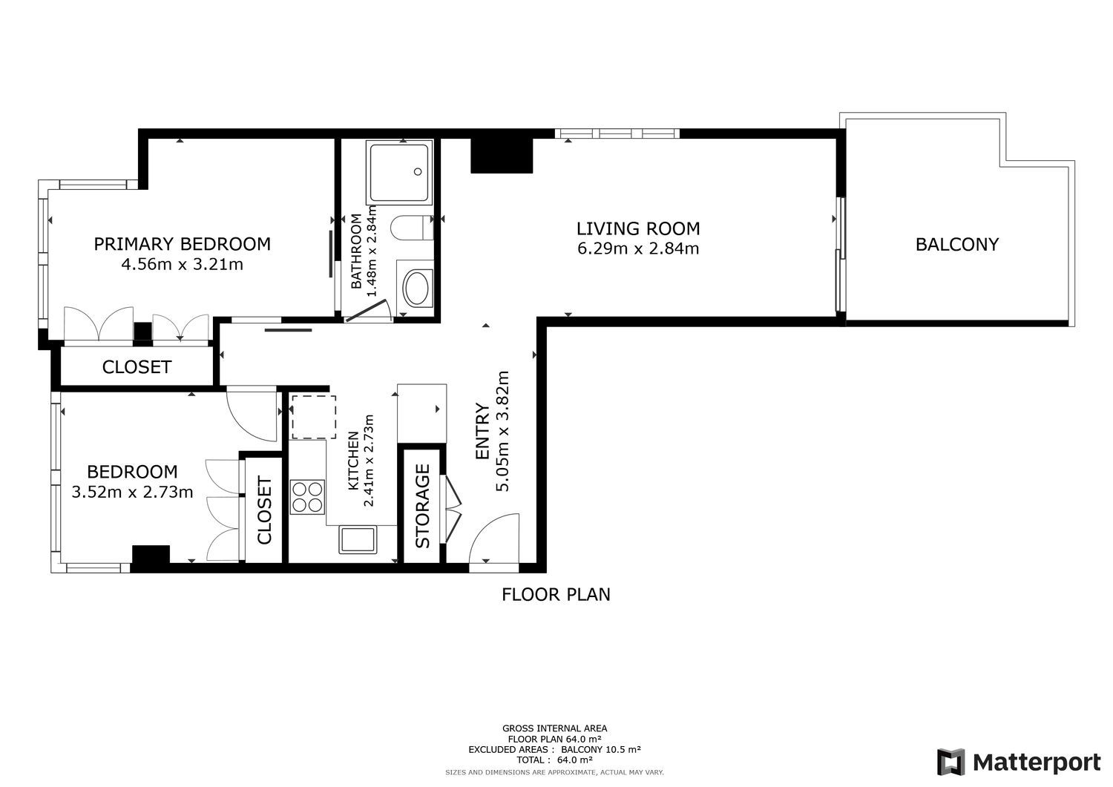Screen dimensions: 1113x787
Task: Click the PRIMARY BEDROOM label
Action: [x=183, y=244]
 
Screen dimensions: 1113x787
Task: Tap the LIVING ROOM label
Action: [x=638, y=228]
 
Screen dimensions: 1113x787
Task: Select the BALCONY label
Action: [x=957, y=245]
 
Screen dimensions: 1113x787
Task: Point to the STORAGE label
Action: [x=422, y=506]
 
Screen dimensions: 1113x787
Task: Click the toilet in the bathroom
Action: [x=412, y=228]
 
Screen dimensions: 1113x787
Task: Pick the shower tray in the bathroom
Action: [x=399, y=172]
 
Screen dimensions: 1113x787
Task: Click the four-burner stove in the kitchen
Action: [x=307, y=497]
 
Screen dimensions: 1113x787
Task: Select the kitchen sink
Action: [x=357, y=540]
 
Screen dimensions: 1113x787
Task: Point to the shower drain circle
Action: [x=418, y=172]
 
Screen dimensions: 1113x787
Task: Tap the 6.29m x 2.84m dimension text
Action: [x=638, y=248]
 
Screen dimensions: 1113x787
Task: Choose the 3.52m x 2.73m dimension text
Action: [x=132, y=492]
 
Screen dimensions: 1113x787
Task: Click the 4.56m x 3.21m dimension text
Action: [x=183, y=264]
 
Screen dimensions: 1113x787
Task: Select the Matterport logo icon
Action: [x=951, y=762]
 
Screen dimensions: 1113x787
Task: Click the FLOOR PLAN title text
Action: [x=556, y=594]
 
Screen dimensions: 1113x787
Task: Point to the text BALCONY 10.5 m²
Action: [x=601, y=749]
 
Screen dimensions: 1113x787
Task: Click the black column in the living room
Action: [x=502, y=156]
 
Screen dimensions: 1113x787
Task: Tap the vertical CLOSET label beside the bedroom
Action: [x=264, y=510]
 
